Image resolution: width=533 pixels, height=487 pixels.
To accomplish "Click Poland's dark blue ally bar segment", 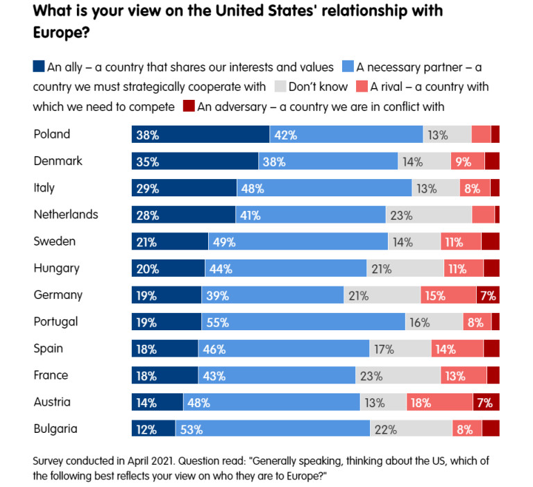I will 201,135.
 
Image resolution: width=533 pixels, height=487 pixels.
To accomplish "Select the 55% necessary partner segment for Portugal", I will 303,322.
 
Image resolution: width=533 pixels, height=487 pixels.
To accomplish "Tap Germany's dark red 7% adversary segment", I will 488,296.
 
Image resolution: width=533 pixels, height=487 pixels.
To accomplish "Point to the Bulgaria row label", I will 56,429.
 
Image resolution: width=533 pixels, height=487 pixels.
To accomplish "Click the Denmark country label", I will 58,161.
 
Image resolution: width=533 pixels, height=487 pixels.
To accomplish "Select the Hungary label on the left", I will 57,268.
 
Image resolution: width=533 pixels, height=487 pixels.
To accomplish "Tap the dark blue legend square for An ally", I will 39,67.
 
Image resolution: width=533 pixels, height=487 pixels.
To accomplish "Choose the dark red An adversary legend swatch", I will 188,106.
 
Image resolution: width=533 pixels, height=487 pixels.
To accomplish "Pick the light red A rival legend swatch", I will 362,87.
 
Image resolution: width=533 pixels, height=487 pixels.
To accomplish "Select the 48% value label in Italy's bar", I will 250,188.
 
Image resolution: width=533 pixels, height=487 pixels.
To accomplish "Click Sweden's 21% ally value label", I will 146,242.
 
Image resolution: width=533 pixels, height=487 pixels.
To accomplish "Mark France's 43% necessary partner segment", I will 277,375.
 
